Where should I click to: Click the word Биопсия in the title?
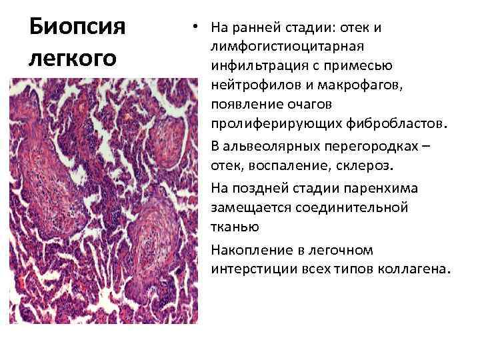click(x=77, y=28)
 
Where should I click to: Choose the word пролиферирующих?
click(x=275, y=125)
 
